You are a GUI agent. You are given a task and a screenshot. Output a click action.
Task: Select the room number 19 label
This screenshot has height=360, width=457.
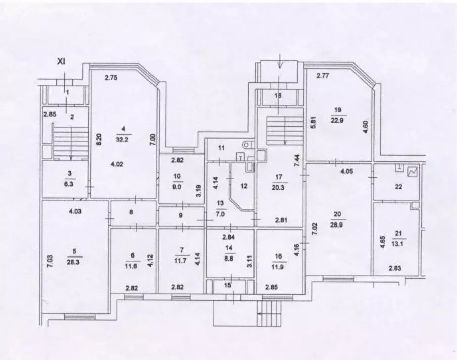pos(338,109)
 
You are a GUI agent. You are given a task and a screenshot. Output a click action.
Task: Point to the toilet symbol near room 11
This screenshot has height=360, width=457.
pos(246,145)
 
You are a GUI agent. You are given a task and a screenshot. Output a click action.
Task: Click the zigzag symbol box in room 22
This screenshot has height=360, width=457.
pos(413,171)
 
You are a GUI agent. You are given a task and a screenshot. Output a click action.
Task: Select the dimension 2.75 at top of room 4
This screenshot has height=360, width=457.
pos(111,77)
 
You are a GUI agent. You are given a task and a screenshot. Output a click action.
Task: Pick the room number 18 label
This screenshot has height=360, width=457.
pos(277,96)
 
